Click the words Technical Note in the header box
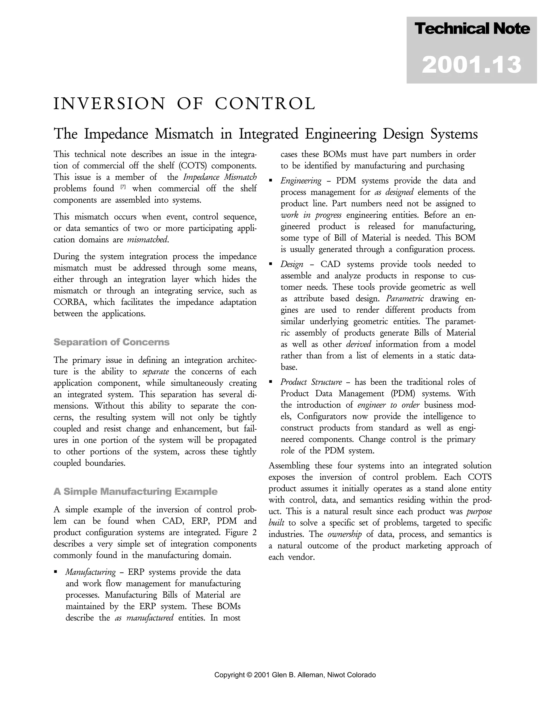click(472, 29)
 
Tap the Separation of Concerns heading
click(112, 342)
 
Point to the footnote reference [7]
click(123, 187)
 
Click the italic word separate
click(156, 372)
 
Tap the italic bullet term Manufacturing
click(90, 572)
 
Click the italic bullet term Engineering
click(301, 181)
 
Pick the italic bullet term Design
click(292, 264)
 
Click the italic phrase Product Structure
click(311, 382)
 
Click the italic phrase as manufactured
click(144, 618)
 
